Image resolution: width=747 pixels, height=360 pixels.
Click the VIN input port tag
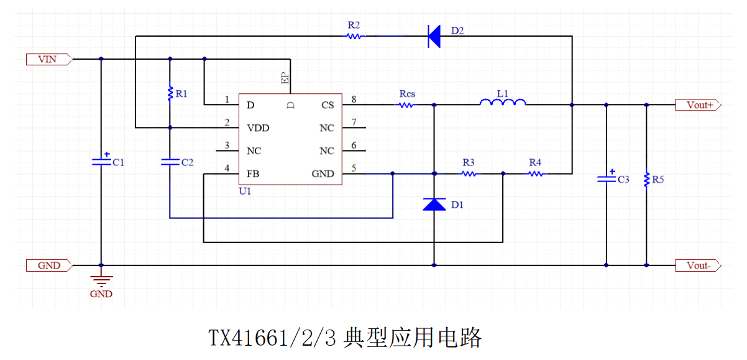pyautogui.click(x=49, y=60)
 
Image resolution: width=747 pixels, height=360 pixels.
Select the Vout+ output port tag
pyautogui.click(x=699, y=105)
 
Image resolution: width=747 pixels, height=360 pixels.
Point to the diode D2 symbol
pyautogui.click(x=434, y=36)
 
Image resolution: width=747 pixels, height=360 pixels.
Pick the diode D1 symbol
pyautogui.click(x=434, y=204)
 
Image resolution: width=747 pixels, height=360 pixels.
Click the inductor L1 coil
pyautogui.click(x=502, y=103)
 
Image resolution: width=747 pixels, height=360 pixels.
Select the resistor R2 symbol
pyautogui.click(x=354, y=36)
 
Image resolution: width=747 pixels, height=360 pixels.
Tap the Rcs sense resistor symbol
pyautogui.click(x=406, y=105)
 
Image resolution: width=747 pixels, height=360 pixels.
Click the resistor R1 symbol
pyautogui.click(x=170, y=94)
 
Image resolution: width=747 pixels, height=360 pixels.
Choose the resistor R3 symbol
pyautogui.click(x=469, y=174)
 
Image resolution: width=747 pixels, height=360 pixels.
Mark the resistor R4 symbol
pyautogui.click(x=536, y=174)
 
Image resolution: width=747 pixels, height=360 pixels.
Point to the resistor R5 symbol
pyautogui.click(x=646, y=180)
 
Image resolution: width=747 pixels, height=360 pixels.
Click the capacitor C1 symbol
pyautogui.click(x=101, y=161)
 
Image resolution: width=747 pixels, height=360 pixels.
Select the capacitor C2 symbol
pyautogui.click(x=170, y=162)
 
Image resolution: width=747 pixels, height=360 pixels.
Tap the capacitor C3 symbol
pyautogui.click(x=607, y=178)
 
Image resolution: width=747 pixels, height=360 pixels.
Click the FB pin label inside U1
pyautogui.click(x=253, y=174)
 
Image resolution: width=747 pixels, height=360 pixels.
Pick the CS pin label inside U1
pyautogui.click(x=328, y=105)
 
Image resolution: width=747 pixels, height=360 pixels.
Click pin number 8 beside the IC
pyautogui.click(x=354, y=99)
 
